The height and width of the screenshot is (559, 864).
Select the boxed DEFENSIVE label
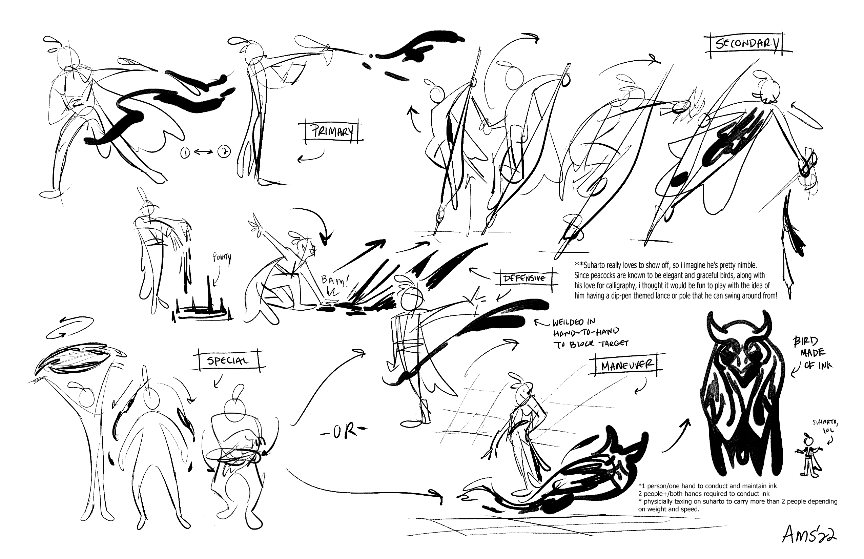pyautogui.click(x=524, y=278)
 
